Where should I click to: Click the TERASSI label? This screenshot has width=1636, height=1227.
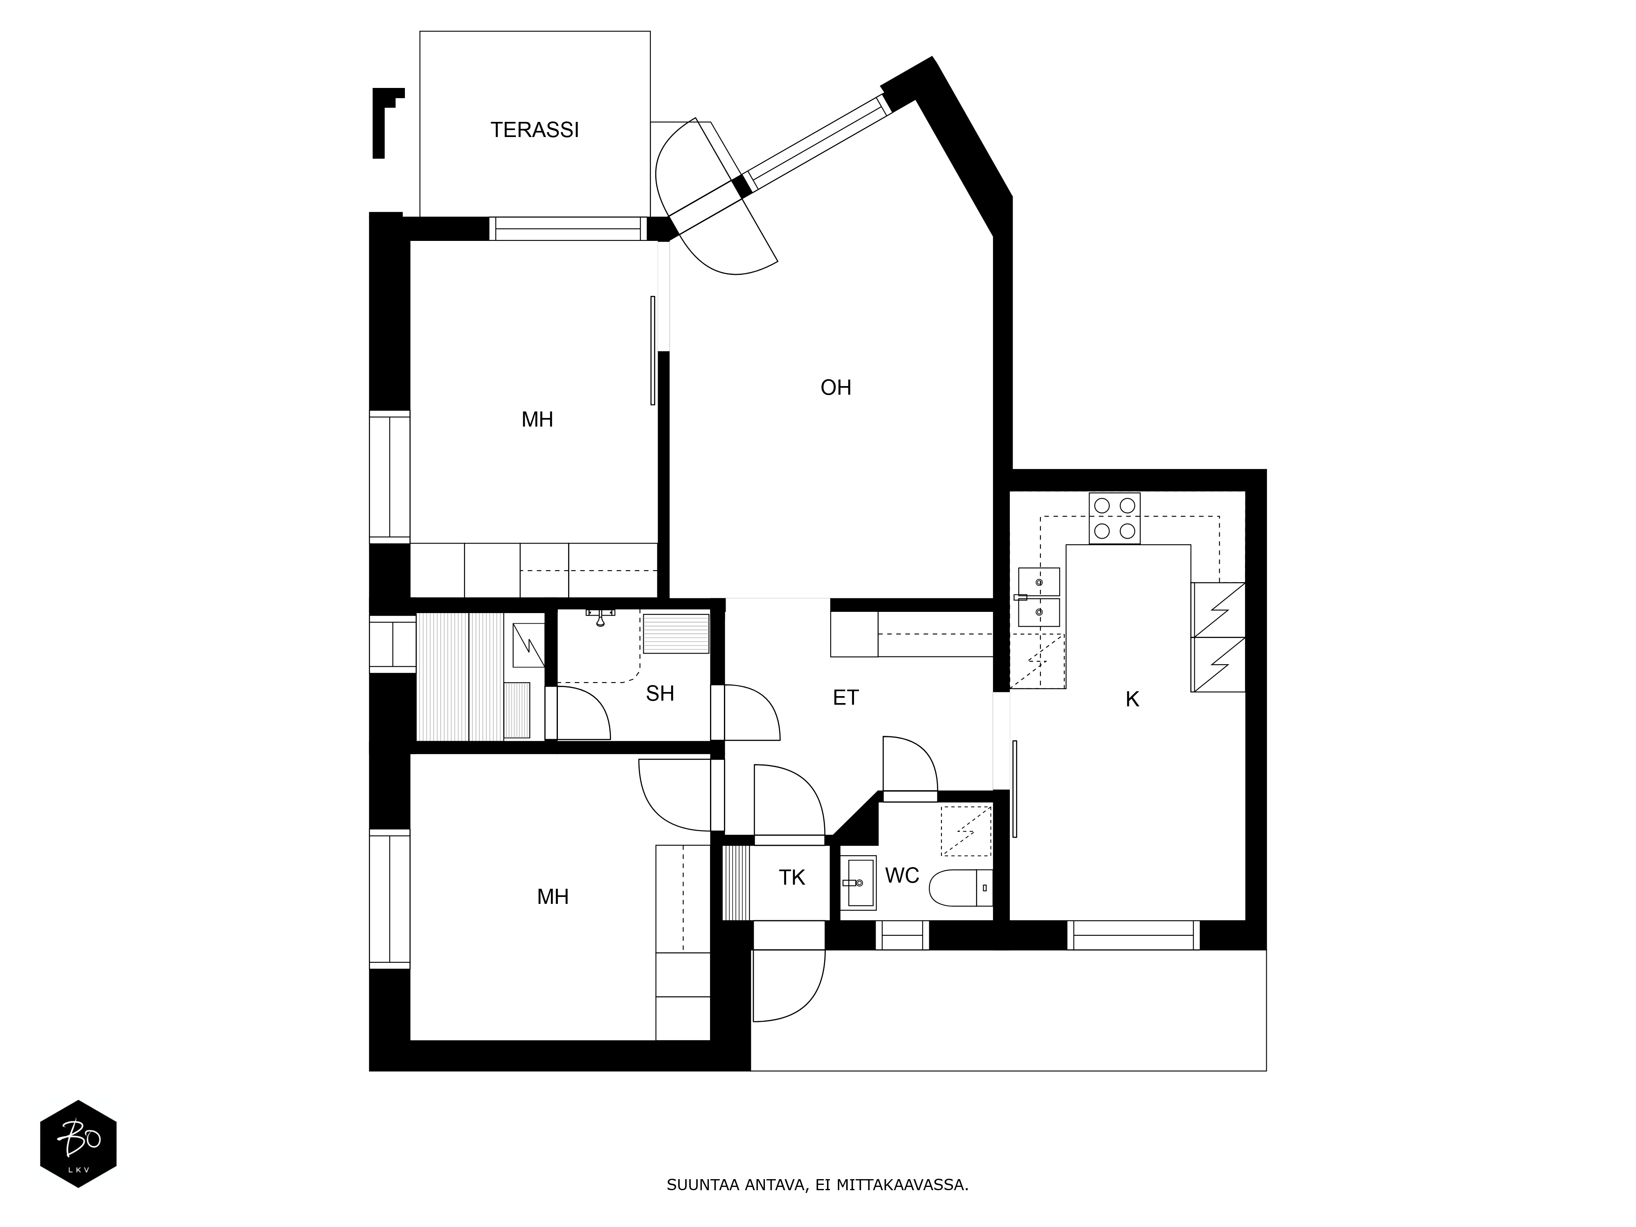coord(535,130)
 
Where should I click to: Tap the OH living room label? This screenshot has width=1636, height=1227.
coord(836,388)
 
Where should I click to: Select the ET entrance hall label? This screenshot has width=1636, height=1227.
coord(845,697)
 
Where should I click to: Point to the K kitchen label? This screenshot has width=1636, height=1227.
coord(1132,700)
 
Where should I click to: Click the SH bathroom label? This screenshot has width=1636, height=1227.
coord(660,694)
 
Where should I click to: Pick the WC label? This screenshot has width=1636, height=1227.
coord(901,876)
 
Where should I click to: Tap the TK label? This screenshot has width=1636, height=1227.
coord(791,878)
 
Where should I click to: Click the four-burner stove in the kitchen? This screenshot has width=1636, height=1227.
coord(1114,519)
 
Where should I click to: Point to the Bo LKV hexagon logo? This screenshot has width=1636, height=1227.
coord(78,1144)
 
